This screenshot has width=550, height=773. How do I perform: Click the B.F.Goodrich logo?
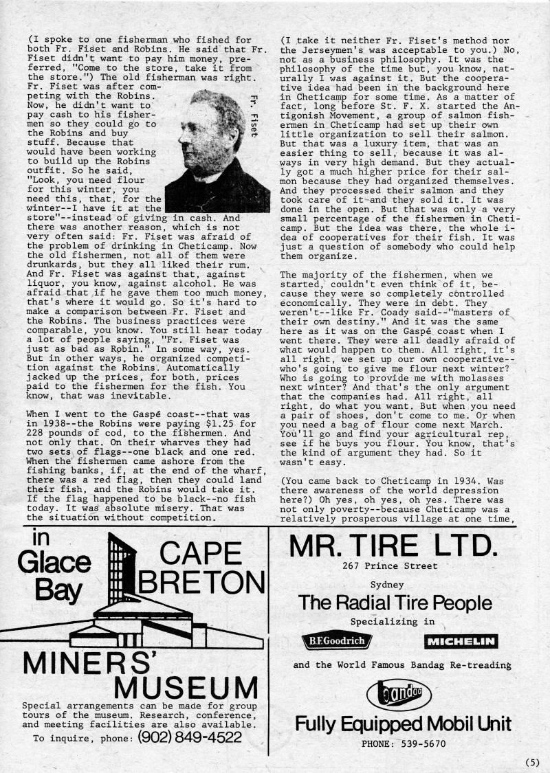[x=337, y=642]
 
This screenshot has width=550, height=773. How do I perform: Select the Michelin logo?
[x=461, y=642]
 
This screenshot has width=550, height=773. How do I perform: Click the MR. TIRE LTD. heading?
[x=393, y=545]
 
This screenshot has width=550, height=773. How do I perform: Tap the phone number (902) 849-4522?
[x=190, y=737]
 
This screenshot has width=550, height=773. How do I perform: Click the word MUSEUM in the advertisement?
[x=186, y=688]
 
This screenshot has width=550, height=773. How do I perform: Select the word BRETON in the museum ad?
[x=197, y=582]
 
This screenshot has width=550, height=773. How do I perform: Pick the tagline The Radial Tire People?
[x=395, y=603]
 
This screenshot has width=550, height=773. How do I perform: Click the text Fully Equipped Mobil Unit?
[x=403, y=724]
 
